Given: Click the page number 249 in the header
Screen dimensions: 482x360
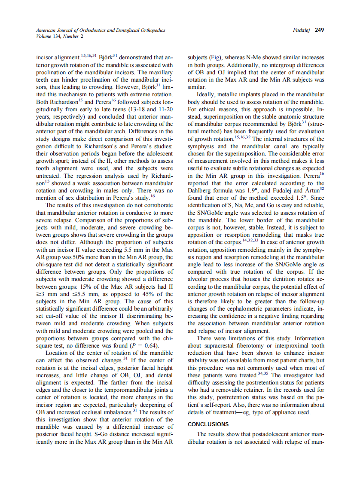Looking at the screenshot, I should pos(319,30).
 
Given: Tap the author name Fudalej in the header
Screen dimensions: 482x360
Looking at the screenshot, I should pos(302,30).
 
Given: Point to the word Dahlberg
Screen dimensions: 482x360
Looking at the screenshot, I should pos(200,190).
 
